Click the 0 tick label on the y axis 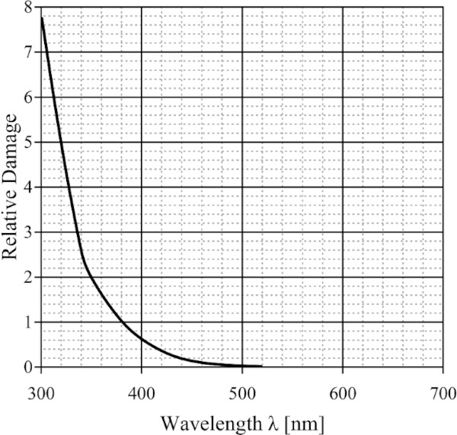click(27, 367)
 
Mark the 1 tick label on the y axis click(27, 322)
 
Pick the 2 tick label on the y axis click(27, 277)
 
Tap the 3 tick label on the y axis click(27, 232)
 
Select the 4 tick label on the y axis click(27, 187)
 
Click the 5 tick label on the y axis click(27, 142)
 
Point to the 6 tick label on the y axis click(27, 98)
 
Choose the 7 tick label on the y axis click(27, 53)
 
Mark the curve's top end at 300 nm click(41, 17)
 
